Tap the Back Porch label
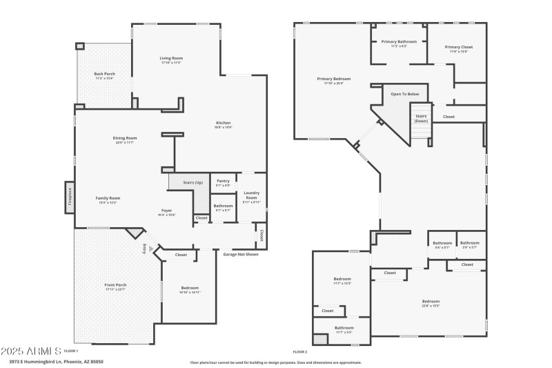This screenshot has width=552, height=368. click(104, 74)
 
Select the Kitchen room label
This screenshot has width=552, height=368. click(223, 123)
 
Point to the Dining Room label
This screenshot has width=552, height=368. click(125, 138)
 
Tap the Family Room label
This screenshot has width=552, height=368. click(108, 198)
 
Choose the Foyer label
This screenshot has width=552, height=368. click(167, 211)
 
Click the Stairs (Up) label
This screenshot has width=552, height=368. click(193, 182)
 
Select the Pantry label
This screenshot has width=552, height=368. click(223, 182)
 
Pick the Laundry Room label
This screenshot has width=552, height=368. click(251, 197)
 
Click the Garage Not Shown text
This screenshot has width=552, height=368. click(241, 254)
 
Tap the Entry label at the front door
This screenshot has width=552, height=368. click(145, 249)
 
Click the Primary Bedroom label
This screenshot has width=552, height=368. click(330, 79)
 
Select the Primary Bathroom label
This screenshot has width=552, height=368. click(399, 42)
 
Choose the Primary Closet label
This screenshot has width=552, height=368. click(459, 48)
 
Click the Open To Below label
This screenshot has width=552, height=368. click(405, 94)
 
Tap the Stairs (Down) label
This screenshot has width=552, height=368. click(421, 118)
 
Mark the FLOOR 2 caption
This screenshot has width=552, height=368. click(300, 351)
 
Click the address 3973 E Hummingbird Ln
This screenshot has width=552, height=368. click(41, 361)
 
